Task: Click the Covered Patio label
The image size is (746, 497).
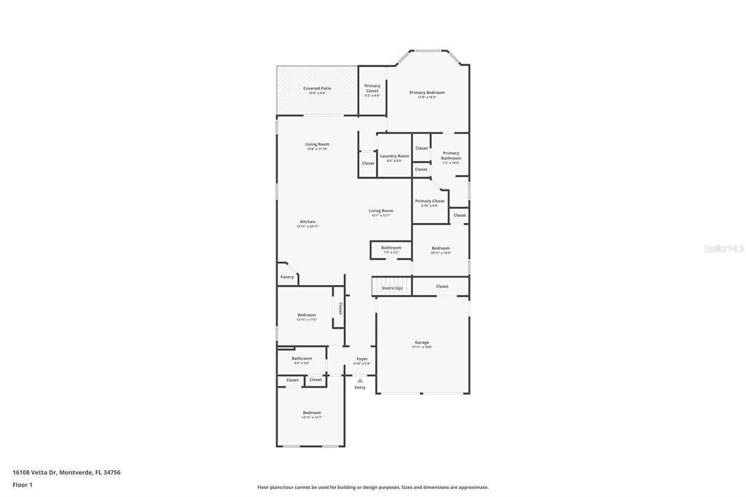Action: (317, 88)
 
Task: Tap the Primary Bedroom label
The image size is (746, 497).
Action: (427, 93)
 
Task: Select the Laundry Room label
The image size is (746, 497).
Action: (394, 156)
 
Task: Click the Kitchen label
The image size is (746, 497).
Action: (307, 222)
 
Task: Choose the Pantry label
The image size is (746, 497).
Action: (287, 277)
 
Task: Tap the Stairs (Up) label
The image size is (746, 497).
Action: (392, 288)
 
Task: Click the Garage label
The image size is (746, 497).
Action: (422, 343)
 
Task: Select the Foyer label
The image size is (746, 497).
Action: (361, 359)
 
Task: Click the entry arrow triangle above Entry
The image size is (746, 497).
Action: (360, 380)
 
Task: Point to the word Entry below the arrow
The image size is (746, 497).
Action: (360, 388)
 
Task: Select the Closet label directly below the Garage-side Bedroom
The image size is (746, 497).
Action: (442, 286)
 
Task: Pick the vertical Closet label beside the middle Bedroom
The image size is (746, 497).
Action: (339, 308)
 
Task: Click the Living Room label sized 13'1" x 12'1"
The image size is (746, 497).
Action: (380, 211)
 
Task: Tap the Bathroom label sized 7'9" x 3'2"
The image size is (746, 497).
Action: (391, 248)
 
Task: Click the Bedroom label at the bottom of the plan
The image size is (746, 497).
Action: (311, 412)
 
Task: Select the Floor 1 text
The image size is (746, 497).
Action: (23, 485)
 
